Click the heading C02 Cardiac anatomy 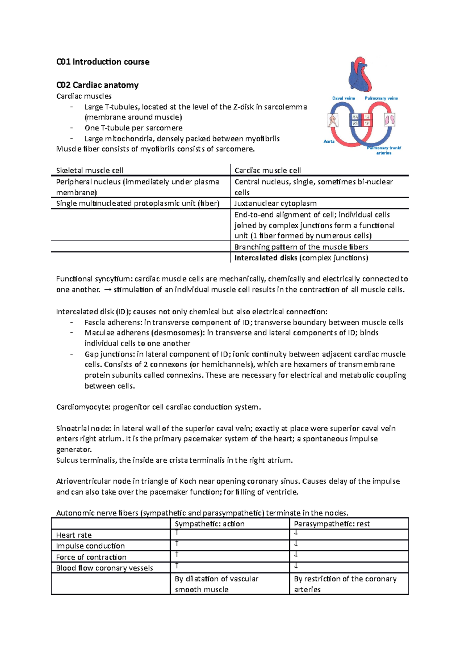97,85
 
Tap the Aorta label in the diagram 329,141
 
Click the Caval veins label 344,98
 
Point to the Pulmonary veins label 381,98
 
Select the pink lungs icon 390,119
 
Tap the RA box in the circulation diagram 355,117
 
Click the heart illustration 360,74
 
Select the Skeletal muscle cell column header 90,170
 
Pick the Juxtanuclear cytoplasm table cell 275,203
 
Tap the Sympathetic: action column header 209,524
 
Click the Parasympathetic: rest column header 331,524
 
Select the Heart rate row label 74,535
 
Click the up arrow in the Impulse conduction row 177,544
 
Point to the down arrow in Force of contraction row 296,554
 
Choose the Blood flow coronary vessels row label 104,568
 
